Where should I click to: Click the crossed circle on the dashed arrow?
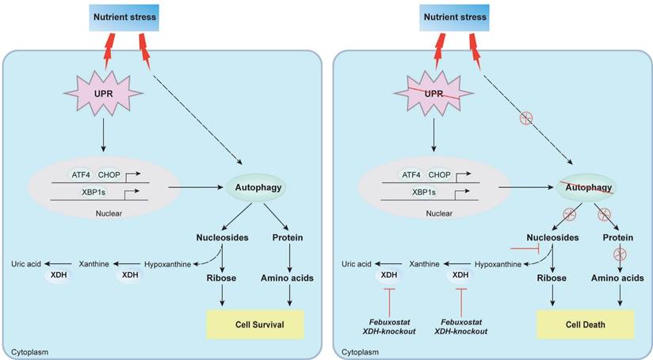(x=524, y=120)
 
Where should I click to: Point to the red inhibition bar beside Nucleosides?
(x=525, y=248)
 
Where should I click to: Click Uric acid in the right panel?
(x=357, y=263)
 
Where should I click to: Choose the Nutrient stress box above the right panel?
(x=446, y=15)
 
